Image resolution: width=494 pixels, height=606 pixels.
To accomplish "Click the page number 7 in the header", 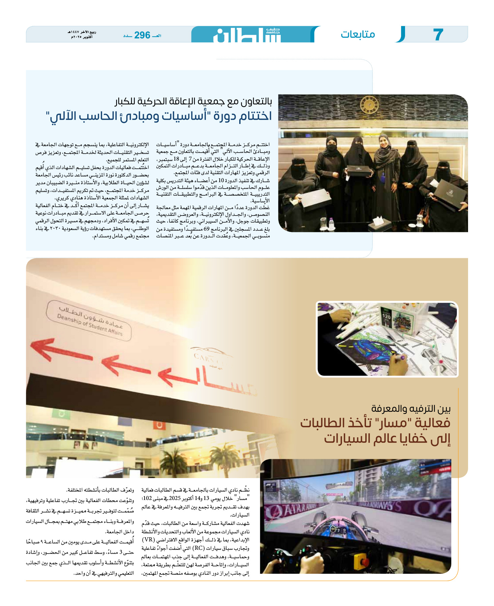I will tap(438, 34).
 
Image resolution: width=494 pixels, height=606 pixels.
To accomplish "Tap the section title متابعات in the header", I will tap(358, 34).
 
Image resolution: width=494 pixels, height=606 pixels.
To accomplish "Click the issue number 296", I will tap(142, 35).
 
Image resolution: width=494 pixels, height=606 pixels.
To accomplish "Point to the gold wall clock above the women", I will tap(369, 105).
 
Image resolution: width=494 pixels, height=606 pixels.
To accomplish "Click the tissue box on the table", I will tap(380, 223).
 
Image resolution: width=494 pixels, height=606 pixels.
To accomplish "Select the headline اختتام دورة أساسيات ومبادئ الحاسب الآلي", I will tap(159, 116).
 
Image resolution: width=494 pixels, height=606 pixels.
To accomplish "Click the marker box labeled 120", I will tap(387, 316).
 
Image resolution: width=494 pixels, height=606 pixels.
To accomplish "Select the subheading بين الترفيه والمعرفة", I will tap(411, 409).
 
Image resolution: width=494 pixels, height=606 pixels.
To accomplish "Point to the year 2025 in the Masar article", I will tap(175, 498).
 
